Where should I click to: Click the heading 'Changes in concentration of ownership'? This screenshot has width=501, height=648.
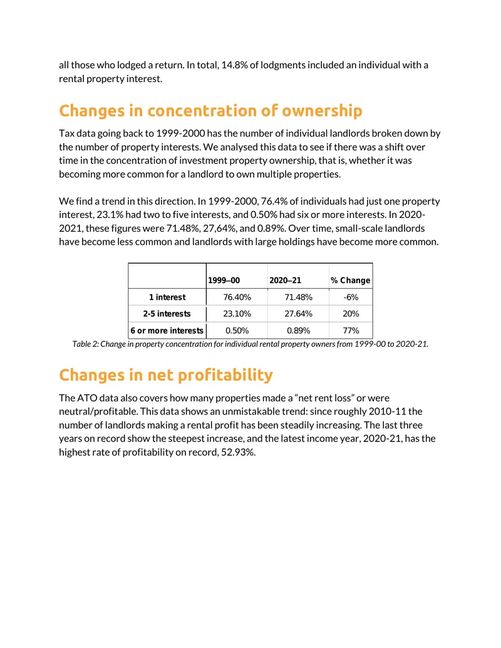210,111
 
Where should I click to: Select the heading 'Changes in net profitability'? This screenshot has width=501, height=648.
166,375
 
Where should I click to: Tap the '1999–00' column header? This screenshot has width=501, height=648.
224,280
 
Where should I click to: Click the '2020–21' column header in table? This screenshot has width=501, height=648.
285,280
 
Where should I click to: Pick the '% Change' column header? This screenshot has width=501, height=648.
351,280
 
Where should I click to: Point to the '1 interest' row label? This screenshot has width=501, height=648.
167,297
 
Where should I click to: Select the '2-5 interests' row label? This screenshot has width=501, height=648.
167,314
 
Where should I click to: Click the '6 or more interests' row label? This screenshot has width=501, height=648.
167,331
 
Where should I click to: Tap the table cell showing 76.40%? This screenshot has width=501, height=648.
237,297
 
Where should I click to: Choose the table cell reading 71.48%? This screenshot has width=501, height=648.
299,297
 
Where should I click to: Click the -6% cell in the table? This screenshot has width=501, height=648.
351,297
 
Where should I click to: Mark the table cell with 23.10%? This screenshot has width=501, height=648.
237,314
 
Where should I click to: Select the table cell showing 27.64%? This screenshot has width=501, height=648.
299,314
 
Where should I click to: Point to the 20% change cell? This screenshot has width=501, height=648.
351,314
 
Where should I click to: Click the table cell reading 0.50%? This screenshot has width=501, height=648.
237,331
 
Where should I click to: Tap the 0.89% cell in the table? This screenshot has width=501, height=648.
299,331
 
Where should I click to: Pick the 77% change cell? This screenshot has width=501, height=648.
351,331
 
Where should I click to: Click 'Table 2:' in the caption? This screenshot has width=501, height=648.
86,344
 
